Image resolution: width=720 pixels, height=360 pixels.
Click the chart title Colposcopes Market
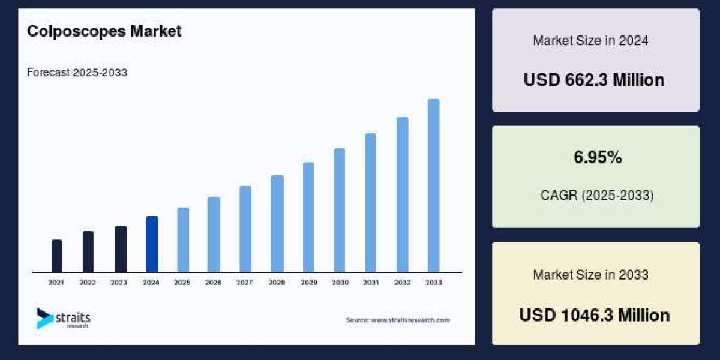click(104, 32)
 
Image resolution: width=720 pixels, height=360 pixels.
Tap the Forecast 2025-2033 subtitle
click(77, 73)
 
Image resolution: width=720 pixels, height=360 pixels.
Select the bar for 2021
click(57, 256)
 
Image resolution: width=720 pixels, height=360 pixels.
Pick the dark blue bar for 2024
click(152, 244)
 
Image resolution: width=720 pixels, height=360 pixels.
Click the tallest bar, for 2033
click(433, 185)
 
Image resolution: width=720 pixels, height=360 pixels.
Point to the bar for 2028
click(277, 224)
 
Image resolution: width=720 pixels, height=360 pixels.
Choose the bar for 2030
click(340, 210)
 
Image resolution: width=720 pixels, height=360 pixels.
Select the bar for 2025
click(183, 240)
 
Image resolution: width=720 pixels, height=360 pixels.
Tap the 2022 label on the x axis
click(88, 282)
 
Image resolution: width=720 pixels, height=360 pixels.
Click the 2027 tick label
click(244, 282)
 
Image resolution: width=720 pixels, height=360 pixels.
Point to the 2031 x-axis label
click(371, 282)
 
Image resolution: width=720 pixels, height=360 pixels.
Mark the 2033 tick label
click(433, 282)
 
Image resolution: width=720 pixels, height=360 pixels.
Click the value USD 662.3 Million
click(594, 80)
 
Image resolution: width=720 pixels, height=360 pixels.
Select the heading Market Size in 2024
click(590, 41)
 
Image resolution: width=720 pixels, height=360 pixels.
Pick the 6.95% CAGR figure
click(598, 158)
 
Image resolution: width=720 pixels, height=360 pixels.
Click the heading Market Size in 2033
click(590, 275)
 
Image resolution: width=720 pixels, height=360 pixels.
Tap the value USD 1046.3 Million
click(594, 315)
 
